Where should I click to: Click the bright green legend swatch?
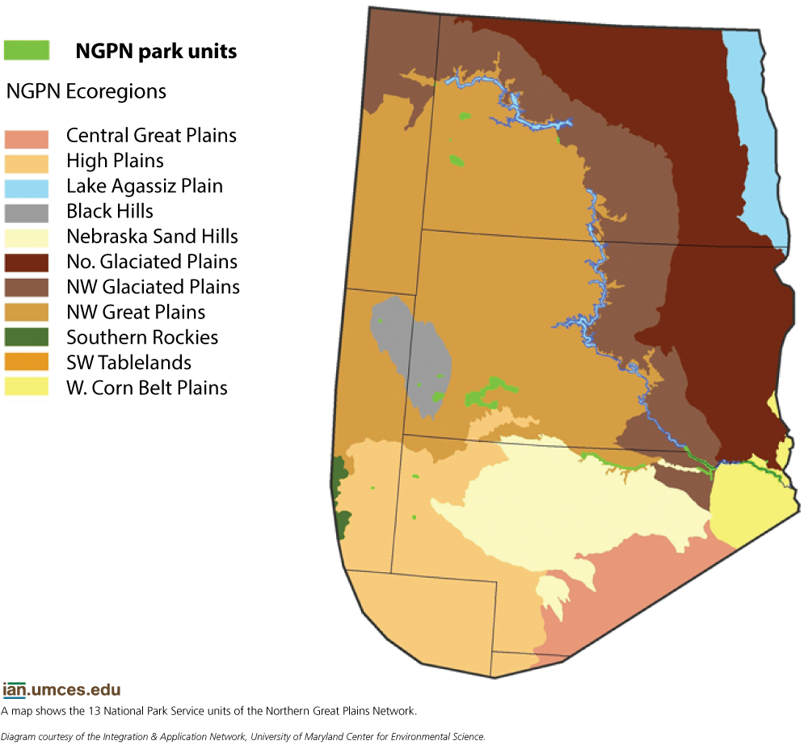tap(27, 50)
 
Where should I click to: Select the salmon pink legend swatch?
tap(27, 140)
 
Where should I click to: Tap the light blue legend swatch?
tap(27, 189)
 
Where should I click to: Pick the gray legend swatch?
tap(27, 213)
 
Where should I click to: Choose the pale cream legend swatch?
tap(27, 238)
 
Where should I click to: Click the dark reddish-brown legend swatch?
tap(27, 263)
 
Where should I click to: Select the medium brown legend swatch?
tap(27, 288)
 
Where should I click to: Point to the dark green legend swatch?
tap(27, 337)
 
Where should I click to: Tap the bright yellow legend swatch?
tap(27, 386)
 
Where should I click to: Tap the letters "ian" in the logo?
tap(15, 691)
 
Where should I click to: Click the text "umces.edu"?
tap(77, 691)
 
